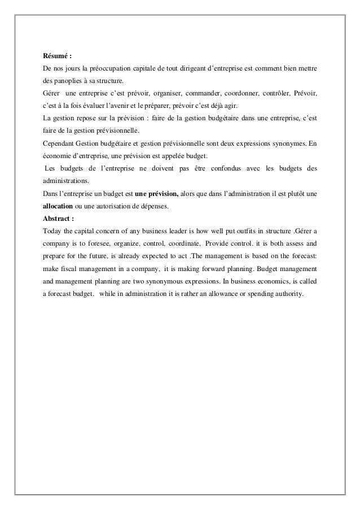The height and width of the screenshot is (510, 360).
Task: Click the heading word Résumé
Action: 55,56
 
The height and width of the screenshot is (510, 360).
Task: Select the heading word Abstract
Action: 57,218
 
